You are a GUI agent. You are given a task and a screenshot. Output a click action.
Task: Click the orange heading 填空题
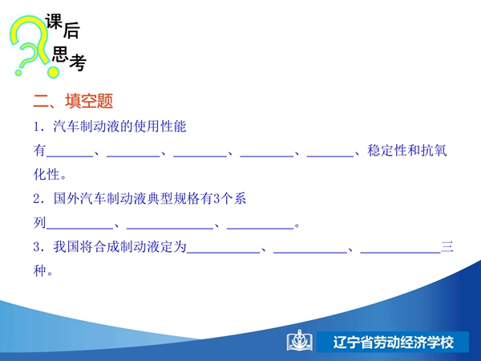click(89, 101)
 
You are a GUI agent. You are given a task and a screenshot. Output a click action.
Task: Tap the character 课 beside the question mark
click(54, 22)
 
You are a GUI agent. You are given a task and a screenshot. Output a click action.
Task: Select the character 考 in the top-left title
click(78, 63)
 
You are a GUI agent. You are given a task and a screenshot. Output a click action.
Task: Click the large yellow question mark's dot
click(53, 72)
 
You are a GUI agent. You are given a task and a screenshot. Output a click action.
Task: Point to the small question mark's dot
click(18, 73)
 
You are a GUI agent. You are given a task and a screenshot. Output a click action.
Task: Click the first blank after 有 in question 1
click(70, 156)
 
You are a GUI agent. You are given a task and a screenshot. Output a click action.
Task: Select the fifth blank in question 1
click(330, 156)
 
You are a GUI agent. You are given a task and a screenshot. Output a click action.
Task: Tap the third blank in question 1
click(200, 156)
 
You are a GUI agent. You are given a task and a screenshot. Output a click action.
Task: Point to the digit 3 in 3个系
click(216, 199)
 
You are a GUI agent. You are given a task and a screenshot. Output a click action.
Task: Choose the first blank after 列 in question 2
click(79, 229)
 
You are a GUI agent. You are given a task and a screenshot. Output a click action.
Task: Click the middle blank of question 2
click(170, 229)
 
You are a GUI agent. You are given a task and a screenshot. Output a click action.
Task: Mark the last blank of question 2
click(260, 229)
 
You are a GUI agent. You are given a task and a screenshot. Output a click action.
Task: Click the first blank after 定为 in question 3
click(224, 253)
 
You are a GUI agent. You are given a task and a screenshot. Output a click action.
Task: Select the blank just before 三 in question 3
click(401, 253)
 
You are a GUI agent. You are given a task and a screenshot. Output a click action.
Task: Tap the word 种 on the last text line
click(39, 271)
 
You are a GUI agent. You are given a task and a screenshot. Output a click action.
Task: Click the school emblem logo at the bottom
click(299, 340)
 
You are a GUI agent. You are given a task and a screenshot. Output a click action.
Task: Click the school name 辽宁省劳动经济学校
click(394, 343)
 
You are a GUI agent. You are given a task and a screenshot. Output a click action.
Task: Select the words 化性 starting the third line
click(46, 174)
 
